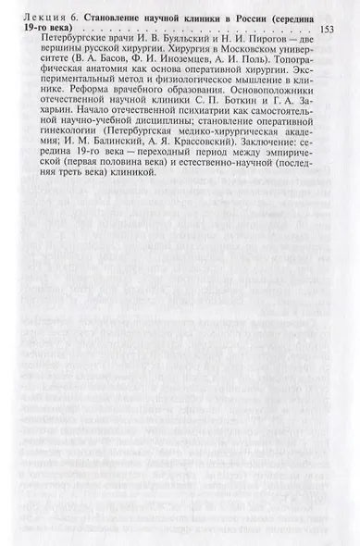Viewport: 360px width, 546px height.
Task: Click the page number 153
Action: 326,31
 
